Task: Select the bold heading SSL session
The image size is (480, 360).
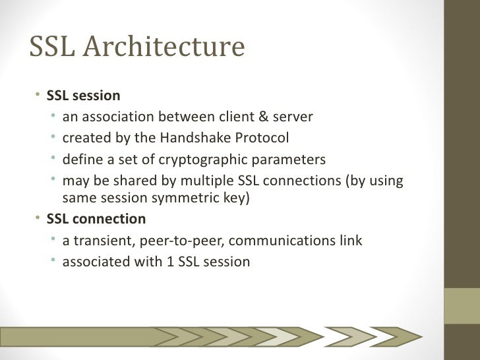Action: tap(83, 97)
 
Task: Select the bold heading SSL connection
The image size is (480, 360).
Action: tap(96, 218)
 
